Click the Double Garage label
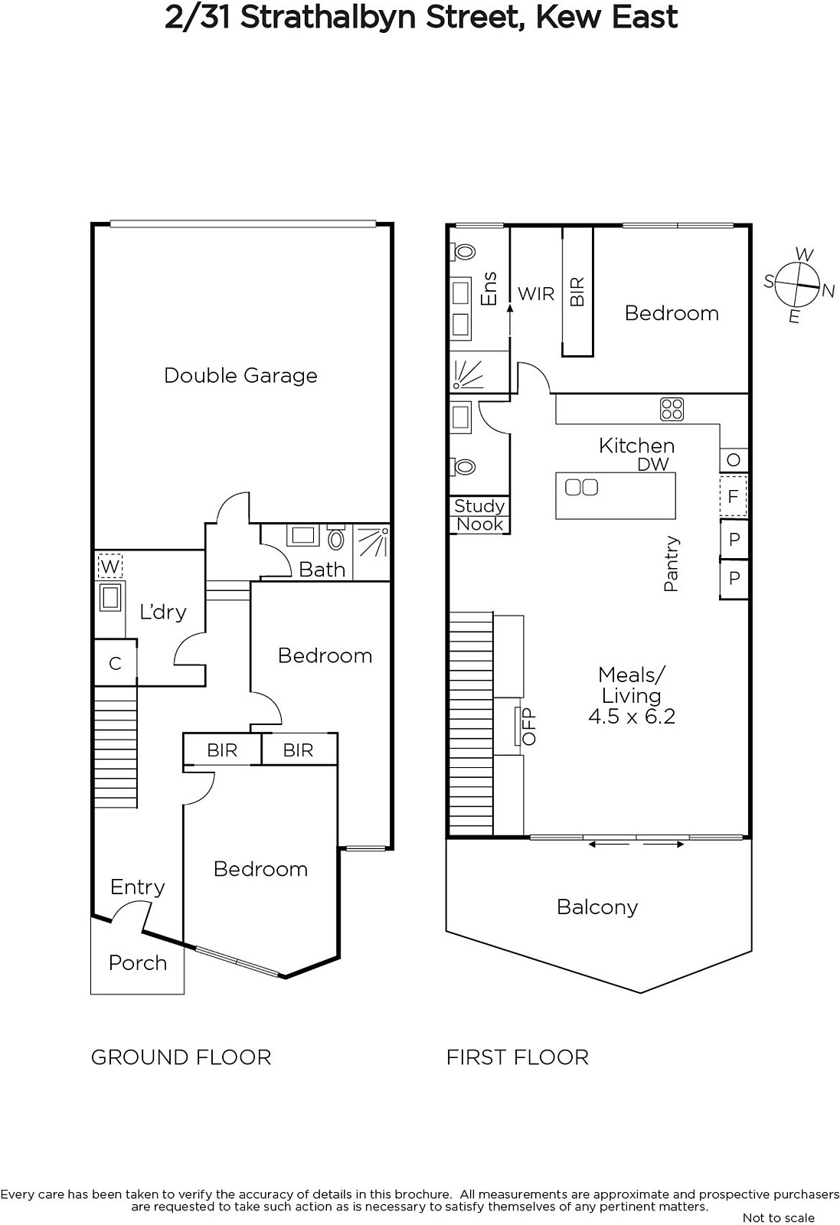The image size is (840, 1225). click(240, 376)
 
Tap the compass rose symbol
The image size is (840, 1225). click(799, 285)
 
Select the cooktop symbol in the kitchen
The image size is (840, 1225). click(672, 409)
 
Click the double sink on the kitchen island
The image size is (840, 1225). click(581, 487)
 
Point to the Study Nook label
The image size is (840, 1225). click(479, 514)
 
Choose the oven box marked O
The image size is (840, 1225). click(734, 460)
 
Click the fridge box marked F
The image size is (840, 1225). click(734, 497)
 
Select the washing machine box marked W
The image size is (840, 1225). click(110, 566)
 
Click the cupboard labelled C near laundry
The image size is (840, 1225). click(115, 663)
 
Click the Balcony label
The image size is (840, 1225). click(597, 906)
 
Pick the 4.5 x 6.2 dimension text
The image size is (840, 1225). click(632, 716)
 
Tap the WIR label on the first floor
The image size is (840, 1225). click(536, 294)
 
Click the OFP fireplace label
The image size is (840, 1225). click(529, 727)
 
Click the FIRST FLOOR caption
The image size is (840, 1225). click(518, 1057)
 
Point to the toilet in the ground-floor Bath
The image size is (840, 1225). click(335, 539)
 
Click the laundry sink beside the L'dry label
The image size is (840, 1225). click(110, 596)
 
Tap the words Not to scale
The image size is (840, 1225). click(778, 1217)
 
